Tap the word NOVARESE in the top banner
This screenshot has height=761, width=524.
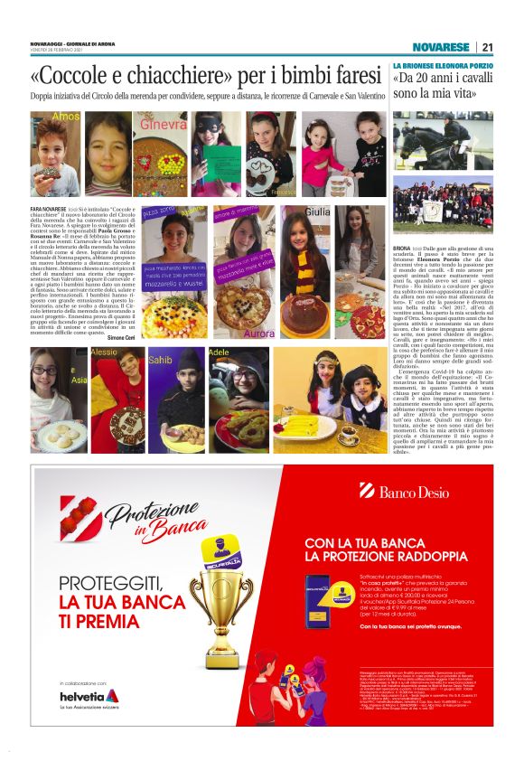(441, 47)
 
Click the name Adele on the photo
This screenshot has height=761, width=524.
(219, 352)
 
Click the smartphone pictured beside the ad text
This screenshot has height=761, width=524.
(317, 600)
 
